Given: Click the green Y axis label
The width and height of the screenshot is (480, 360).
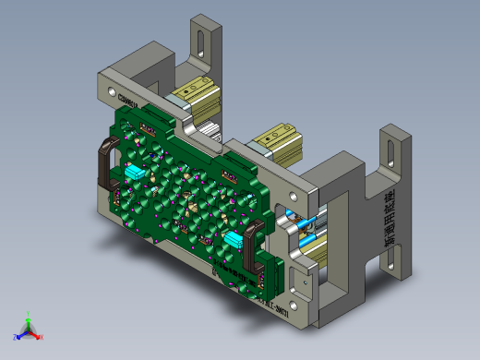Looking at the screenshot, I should (x=30, y=316).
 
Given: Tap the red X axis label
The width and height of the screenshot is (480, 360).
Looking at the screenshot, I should (x=42, y=337).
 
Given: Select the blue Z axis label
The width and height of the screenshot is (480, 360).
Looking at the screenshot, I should (x=14, y=336).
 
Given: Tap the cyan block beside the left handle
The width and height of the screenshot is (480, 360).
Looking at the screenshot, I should (x=134, y=171).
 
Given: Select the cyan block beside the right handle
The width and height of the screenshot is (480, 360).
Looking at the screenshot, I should (x=233, y=239).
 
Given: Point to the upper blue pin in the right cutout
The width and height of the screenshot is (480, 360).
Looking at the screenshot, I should (x=300, y=222).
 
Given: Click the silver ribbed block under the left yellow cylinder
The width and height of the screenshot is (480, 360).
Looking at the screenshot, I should (x=209, y=128).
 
